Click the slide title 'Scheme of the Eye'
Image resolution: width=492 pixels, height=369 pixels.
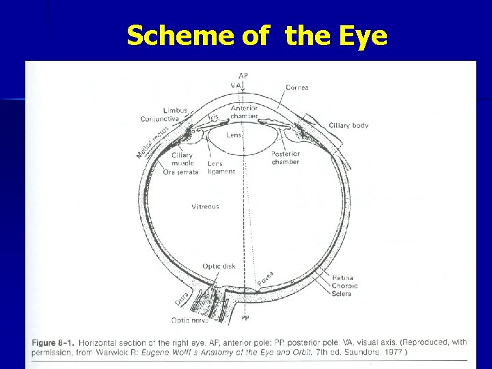click(257, 36)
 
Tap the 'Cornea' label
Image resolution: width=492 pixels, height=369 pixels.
click(297, 87)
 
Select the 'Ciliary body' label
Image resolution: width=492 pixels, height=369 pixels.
click(348, 125)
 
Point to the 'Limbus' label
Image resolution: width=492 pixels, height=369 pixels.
click(175, 110)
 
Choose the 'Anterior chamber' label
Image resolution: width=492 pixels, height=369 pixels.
click(244, 112)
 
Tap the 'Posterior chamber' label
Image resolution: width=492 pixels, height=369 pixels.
click(286, 158)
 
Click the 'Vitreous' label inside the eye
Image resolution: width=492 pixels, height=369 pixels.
click(205, 206)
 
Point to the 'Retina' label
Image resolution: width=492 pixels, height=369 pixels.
click(342, 277)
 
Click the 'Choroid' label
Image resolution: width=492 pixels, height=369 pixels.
click(344, 286)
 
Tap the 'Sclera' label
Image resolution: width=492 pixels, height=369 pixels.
click(342, 293)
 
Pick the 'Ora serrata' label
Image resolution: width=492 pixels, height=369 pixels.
click(180, 172)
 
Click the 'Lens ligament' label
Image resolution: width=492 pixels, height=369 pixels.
click(220, 167)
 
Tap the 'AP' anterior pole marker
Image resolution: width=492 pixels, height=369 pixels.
click(243, 74)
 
